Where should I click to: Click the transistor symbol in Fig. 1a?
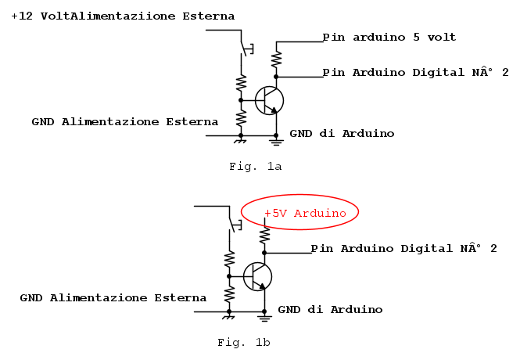[269, 100]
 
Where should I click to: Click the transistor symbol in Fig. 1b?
[258, 277]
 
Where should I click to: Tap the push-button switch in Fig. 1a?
[247, 49]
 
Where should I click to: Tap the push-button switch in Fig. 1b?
[235, 225]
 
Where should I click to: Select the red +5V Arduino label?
[305, 213]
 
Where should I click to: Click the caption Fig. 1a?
[256, 166]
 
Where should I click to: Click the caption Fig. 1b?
[244, 342]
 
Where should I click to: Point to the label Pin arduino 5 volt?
[389, 37]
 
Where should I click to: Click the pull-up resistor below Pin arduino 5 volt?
[276, 59]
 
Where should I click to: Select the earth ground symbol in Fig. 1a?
[276, 142]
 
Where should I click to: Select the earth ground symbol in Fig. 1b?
[264, 319]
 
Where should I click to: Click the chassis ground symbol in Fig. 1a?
[240, 141]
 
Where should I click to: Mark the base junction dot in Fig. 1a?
[241, 100]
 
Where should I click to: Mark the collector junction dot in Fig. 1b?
[264, 253]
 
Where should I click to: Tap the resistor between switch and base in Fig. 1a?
[241, 83]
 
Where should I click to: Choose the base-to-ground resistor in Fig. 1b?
[229, 293]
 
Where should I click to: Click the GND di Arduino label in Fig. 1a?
[342, 134]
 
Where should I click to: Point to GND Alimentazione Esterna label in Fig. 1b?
[113, 298]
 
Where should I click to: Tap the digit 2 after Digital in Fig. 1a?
[505, 72]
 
